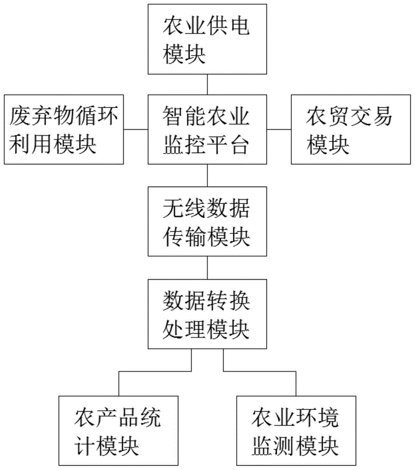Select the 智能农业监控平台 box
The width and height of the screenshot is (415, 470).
coord(207,129)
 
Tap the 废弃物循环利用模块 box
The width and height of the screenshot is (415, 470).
coord(64,129)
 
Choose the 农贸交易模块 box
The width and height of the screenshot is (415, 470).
coord(351,129)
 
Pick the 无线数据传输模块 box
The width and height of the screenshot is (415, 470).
coord(207,221)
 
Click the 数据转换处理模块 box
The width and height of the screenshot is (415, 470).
coord(207,313)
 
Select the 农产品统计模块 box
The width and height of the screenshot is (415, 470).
coord(118,431)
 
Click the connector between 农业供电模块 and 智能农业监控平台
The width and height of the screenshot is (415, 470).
coord(207,84)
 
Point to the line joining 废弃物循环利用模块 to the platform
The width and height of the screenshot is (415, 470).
coord(136,129)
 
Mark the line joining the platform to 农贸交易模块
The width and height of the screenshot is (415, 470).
coord(279,129)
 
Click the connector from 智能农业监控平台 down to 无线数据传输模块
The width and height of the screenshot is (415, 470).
coord(207,175)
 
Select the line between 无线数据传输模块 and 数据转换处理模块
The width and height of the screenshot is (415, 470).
coord(207,267)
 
